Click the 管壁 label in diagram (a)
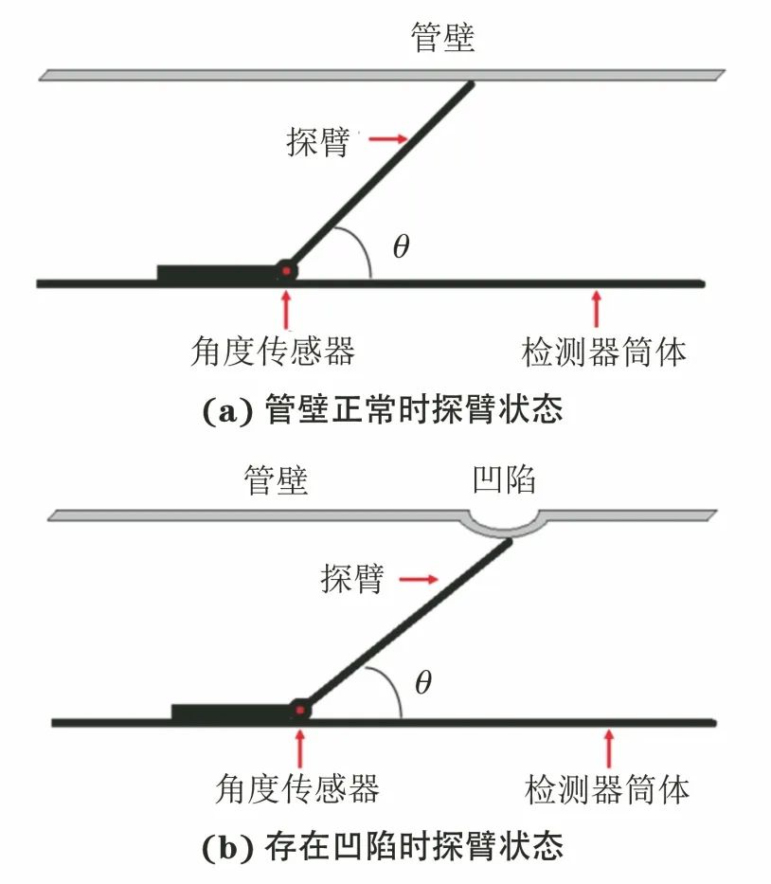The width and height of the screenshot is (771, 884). click(x=442, y=38)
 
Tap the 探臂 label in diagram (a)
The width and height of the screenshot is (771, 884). click(x=318, y=141)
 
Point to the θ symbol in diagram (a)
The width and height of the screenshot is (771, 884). click(x=401, y=247)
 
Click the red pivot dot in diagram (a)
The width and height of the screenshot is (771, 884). click(x=284, y=271)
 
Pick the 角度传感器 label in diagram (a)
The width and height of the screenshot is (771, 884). click(x=272, y=352)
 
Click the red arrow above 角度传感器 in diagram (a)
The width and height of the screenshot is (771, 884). click(x=285, y=309)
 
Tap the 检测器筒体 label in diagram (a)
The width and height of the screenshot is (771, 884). click(x=604, y=352)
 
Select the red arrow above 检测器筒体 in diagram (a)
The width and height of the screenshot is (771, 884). click(x=596, y=308)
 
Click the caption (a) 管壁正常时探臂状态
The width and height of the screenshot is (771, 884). click(x=384, y=411)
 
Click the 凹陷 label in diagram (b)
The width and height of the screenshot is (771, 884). click(x=504, y=479)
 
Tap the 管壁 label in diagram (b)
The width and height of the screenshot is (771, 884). click(x=276, y=480)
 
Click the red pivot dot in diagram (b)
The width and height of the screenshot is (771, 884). click(x=300, y=710)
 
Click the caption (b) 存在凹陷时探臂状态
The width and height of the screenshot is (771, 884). click(x=384, y=846)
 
